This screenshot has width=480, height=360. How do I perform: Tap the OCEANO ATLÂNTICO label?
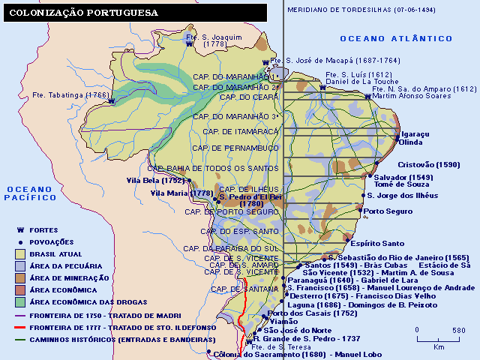point(396,38)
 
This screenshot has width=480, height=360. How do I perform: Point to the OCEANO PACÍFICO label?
point(29,193)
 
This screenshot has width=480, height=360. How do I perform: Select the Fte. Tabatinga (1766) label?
point(70,95)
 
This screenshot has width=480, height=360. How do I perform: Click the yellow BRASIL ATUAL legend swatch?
point(21,253)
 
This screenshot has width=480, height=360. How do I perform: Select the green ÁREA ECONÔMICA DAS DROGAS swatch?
point(21,301)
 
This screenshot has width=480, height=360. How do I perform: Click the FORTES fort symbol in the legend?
point(21,230)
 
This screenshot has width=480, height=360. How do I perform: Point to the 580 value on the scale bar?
point(459,330)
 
